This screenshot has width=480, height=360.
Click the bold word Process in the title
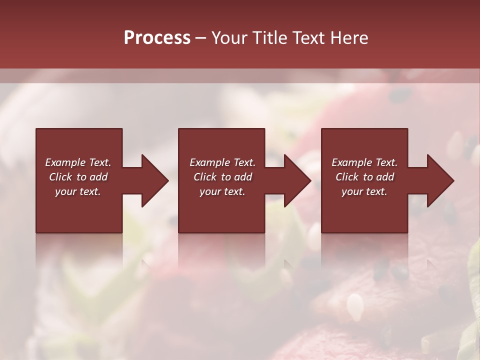click(157, 38)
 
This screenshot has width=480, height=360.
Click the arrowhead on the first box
click(155, 180)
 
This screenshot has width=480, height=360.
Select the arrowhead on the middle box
click(298, 180)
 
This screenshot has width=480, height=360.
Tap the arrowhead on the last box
click(441, 180)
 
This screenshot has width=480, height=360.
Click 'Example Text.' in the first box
click(78, 162)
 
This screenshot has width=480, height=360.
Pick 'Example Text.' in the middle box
click(222, 162)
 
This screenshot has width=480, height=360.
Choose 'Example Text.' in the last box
click(364, 162)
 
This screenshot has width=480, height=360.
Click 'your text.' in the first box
click(78, 191)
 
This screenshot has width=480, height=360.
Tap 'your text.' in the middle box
click(222, 191)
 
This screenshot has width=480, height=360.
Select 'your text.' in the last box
click(364, 191)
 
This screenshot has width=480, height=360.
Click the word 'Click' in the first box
click(60, 177)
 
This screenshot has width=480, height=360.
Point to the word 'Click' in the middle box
click(205, 177)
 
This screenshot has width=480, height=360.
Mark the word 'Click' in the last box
click(347, 177)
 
